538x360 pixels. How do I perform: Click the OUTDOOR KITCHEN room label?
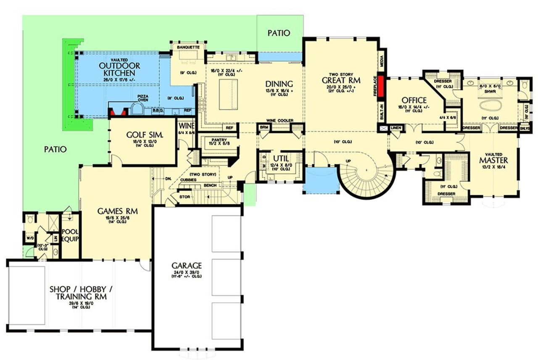point(120,70)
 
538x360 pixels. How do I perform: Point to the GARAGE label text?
point(187,265)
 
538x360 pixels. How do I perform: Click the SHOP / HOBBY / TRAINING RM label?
point(81,293)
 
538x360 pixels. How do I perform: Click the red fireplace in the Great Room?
point(381,86)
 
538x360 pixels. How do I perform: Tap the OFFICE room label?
point(414,100)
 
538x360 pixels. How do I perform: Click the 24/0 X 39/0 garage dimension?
point(187,272)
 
